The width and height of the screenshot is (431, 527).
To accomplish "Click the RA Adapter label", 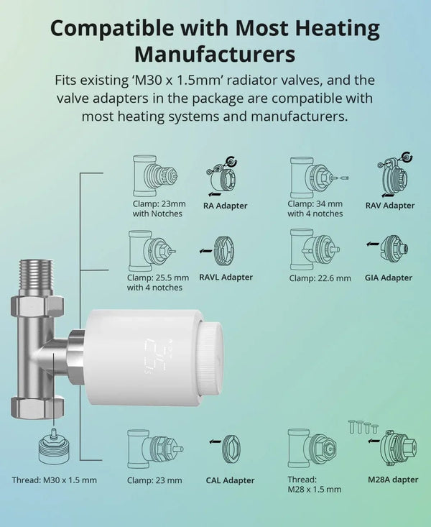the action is pyautogui.click(x=225, y=206).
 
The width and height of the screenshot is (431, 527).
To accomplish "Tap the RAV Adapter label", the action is pyautogui.click(x=390, y=206).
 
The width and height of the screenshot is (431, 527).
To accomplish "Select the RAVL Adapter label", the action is pyautogui.click(x=226, y=278).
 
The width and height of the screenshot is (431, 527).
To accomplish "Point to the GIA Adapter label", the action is pyautogui.click(x=389, y=278).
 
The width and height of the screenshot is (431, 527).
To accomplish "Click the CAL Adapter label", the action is pyautogui.click(x=230, y=480).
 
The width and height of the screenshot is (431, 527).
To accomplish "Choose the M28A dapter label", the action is pyautogui.click(x=393, y=480).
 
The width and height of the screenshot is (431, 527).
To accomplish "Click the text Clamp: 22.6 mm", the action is pyautogui.click(x=320, y=278).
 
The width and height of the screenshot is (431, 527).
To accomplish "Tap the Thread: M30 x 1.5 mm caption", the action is pyautogui.click(x=55, y=480).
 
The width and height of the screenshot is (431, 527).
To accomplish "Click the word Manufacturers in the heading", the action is pyautogui.click(x=215, y=54).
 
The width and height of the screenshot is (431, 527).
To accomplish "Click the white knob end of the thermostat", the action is pyautogui.click(x=212, y=358).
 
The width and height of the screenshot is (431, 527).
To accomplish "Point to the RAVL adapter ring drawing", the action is pyautogui.click(x=223, y=251).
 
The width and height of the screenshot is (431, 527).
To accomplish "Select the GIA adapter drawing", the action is pyautogui.click(x=394, y=249).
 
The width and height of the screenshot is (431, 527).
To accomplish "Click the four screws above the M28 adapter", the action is pyautogui.click(x=363, y=427).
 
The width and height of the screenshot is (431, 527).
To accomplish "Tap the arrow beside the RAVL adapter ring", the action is pyautogui.click(x=205, y=250).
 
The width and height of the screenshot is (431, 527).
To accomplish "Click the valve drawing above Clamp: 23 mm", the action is pyautogui.click(x=155, y=449).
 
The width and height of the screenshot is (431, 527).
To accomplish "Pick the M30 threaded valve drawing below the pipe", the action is pyautogui.click(x=54, y=446).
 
